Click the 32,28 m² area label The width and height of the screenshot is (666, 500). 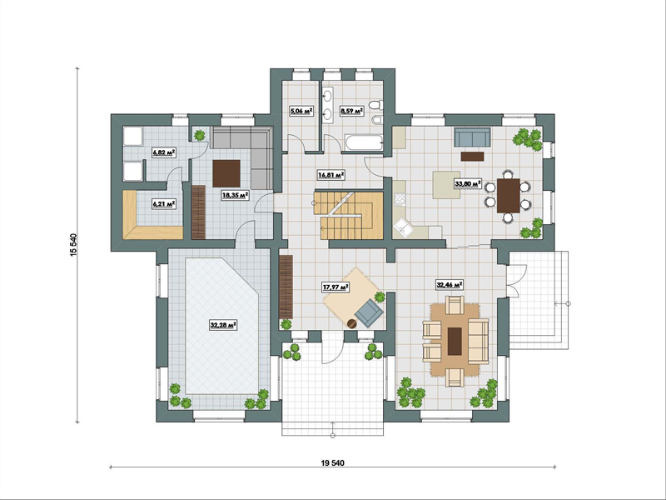pos(223,325)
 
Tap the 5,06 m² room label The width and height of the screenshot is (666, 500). pos(301,112)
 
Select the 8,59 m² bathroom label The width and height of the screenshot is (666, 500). pos(351,112)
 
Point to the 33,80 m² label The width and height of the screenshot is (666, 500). pos(468,183)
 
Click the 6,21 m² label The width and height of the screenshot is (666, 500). pos(164,204)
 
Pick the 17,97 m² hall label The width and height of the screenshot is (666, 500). pos(335,287)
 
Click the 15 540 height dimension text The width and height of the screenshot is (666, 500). pos(73,245)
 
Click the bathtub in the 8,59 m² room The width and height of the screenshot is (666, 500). pos(364,142)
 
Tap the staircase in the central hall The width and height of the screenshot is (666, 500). pos(348,215)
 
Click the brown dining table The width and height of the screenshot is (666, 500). pos(508,196)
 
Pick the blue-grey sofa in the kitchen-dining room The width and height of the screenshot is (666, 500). pos(472,137)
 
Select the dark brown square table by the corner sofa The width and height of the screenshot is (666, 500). pos(226,173)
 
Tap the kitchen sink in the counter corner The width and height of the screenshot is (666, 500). pos(401,228)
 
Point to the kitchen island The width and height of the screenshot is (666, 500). pos(446,185)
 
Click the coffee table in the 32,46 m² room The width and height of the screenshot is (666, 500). pos(455,340)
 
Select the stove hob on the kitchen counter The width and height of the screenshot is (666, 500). pos(400,198)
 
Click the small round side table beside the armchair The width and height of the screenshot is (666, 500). pos(351,324)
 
